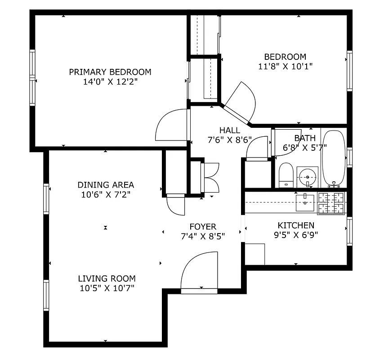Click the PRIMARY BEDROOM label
point(110,72)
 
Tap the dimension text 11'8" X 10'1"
point(285,66)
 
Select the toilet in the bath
point(286,175)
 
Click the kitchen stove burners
point(331,203)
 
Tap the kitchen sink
point(306,200)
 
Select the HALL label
point(229,130)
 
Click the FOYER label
point(202,227)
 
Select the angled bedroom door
point(241,101)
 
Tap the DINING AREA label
point(106,185)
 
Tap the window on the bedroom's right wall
point(349,71)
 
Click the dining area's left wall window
point(46,198)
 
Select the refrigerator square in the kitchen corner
point(255,255)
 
